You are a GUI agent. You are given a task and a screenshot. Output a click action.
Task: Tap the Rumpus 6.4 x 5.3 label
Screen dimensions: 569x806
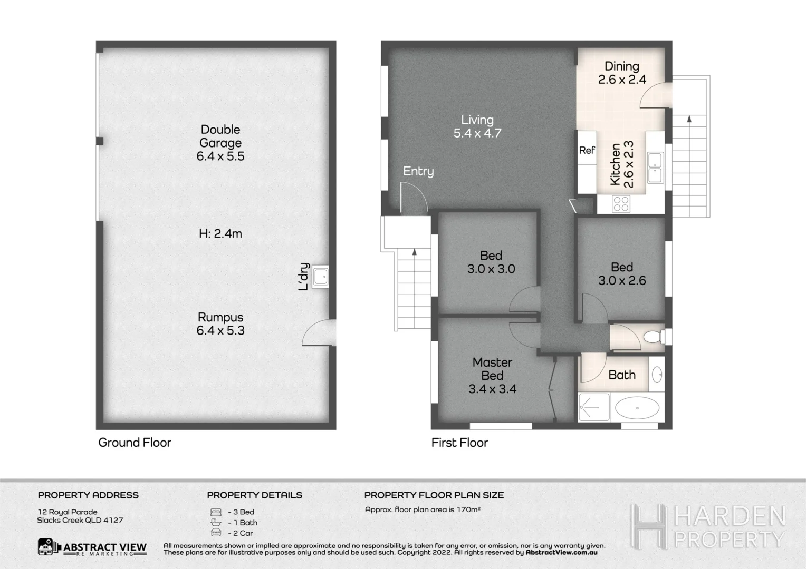[220, 323]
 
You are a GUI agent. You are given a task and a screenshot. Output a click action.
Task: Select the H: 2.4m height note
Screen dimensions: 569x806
[220, 233]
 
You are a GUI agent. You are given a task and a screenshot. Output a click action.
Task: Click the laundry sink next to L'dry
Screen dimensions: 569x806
[320, 276]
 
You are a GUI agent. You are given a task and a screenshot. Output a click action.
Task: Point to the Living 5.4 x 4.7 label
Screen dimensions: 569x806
[477, 126]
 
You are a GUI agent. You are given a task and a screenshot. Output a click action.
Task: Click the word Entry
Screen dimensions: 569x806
[418, 171]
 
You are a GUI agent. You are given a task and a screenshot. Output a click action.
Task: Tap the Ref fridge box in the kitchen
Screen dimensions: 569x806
[587, 151]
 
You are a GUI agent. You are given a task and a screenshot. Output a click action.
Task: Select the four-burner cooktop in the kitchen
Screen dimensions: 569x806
[621, 203]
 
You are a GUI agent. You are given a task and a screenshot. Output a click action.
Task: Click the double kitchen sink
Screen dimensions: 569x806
[656, 167]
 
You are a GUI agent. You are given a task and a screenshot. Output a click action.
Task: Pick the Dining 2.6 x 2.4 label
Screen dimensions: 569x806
[622, 73]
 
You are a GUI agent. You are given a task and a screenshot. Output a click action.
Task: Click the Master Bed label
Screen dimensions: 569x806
[492, 375]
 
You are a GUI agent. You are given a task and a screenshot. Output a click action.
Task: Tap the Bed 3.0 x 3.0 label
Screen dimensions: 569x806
[491, 262]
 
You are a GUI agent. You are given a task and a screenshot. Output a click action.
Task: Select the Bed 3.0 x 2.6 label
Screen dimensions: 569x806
[622, 274]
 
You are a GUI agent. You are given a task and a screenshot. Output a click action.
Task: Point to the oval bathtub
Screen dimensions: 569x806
[637, 408]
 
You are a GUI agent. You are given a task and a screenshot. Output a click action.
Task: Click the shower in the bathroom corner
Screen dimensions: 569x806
[593, 407]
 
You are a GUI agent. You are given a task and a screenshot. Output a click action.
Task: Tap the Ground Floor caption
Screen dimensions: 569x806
[135, 443]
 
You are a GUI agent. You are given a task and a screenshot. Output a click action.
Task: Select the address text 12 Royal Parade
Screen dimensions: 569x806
[68, 512]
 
